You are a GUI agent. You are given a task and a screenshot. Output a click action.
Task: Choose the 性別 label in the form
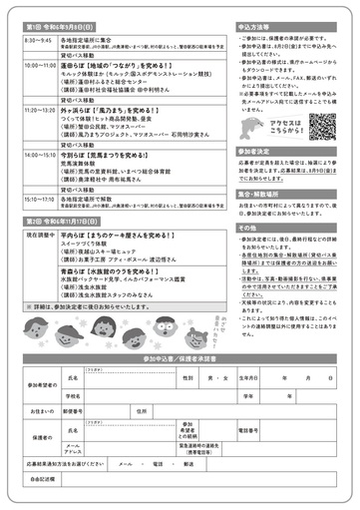tap(187, 378)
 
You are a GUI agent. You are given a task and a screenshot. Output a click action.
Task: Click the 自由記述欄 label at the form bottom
tap(44, 480)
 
